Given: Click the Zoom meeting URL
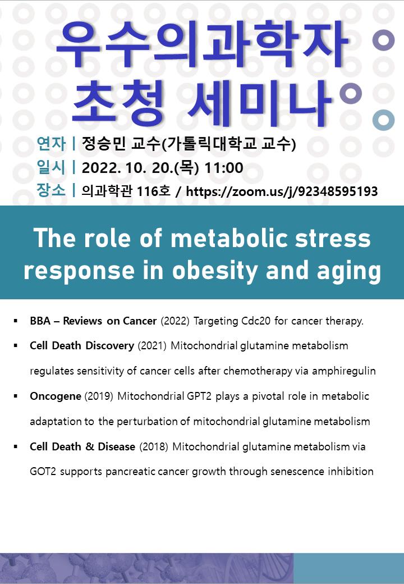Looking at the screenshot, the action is coord(282,191).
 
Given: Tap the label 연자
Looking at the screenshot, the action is coord(51,144).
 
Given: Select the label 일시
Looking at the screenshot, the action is coord(51,167).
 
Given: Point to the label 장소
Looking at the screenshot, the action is coord(51,190).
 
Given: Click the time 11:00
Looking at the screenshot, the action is coord(224,168).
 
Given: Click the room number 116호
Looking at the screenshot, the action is coord(154,191).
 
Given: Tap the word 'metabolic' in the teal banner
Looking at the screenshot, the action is coord(229,238).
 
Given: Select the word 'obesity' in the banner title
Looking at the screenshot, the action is coord(215,271).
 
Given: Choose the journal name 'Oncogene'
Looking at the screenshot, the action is coord(56,396).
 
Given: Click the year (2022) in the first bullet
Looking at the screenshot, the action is coord(175,321).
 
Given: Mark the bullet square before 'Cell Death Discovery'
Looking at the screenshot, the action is coord(16,346).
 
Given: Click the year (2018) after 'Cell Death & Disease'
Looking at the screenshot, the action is coord(154,446).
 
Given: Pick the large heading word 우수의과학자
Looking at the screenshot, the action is coord(202,45).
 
